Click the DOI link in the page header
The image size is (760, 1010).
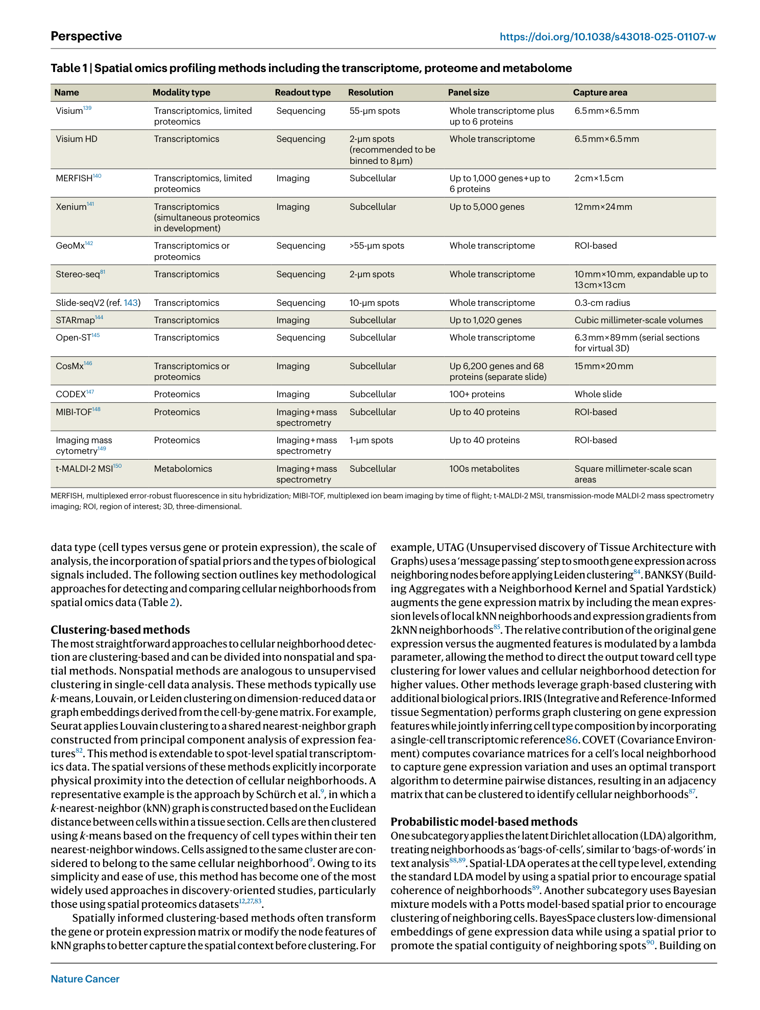(607, 37)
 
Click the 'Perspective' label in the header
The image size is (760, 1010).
(86, 36)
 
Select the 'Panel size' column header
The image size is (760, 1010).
(468, 92)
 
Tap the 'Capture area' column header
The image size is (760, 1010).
(600, 92)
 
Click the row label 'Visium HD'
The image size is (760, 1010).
(77, 139)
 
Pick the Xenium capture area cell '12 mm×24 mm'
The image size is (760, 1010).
(603, 207)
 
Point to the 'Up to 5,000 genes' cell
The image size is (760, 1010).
(486, 207)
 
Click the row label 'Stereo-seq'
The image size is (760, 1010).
(78, 274)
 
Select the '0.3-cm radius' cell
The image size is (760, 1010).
(602, 303)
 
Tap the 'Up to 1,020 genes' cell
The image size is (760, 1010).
(485, 320)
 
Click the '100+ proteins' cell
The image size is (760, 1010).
(477, 394)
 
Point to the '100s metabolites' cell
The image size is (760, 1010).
(484, 469)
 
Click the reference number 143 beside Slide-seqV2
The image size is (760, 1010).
(131, 303)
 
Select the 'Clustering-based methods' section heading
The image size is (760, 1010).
(120, 630)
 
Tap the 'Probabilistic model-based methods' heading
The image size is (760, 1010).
(484, 822)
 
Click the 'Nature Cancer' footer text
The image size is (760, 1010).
(85, 979)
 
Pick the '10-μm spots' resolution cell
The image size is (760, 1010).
(374, 303)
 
